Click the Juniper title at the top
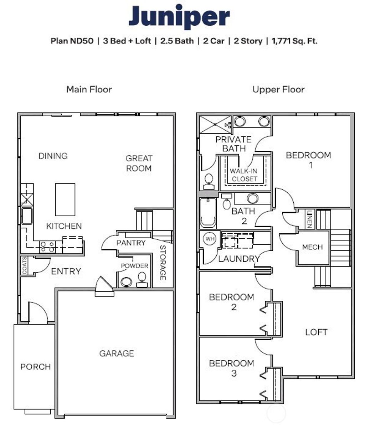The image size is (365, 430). pos(179,17)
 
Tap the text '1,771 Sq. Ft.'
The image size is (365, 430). pos(294,41)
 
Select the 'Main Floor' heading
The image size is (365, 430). pos(89,89)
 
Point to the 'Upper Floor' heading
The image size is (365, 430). pos(278,89)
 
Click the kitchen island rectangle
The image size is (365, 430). pos(65,200)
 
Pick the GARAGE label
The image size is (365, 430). pos(117,353)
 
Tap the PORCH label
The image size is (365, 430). pos(35,367)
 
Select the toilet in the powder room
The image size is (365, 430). pos(142,279)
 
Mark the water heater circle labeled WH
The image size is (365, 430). pos(210,239)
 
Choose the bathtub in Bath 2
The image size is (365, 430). pos(208,213)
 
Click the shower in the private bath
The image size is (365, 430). pos(216,124)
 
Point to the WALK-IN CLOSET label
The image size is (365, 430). pos(244,175)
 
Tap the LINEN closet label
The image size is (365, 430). pos(309,219)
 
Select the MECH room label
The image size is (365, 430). pos(312,247)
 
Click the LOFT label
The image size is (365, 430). pos(316,332)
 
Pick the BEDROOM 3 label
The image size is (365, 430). pos(232,368)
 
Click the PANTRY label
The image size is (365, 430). pos(131,243)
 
